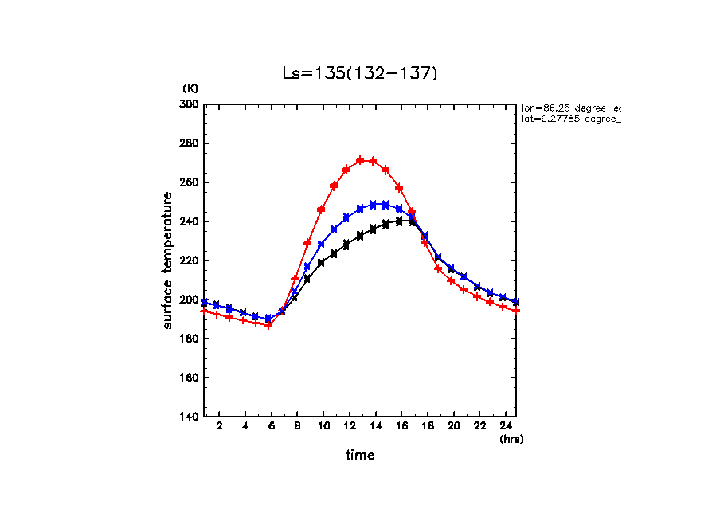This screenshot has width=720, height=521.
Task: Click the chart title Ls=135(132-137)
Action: point(360,73)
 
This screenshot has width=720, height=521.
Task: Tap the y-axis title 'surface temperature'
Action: point(168,260)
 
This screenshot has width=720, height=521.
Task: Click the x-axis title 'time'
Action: point(360,456)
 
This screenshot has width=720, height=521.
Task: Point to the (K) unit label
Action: point(190,88)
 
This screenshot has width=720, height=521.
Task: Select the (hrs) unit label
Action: point(511,439)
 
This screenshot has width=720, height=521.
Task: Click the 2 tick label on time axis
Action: point(219,427)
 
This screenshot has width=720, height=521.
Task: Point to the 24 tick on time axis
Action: point(504,427)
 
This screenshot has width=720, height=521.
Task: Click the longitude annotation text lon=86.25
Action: point(570,108)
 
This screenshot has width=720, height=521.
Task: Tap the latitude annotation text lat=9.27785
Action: point(570,119)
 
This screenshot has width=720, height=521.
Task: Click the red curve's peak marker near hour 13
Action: point(360,160)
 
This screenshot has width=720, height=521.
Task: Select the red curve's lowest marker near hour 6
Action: point(269,325)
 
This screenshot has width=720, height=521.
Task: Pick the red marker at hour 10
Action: point(321,210)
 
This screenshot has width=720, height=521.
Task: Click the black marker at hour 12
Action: point(346,244)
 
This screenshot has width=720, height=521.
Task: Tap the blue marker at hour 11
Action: point(334,229)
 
